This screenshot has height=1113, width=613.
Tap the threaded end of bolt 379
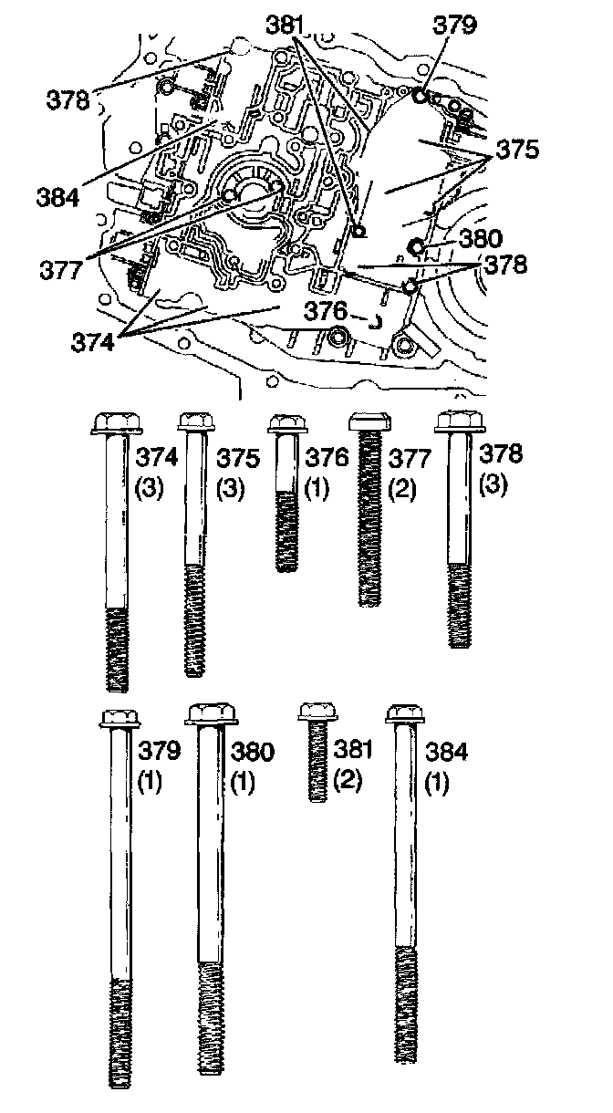121,1031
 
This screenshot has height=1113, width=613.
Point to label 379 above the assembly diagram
455,25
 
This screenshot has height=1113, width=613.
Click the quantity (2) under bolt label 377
400,488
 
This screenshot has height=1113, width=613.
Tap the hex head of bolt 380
212,714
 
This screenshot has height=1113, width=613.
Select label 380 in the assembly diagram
481,239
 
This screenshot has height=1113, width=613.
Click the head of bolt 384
406,713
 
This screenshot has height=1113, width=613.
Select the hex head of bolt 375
194,422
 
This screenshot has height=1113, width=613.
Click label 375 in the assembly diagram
517,150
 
